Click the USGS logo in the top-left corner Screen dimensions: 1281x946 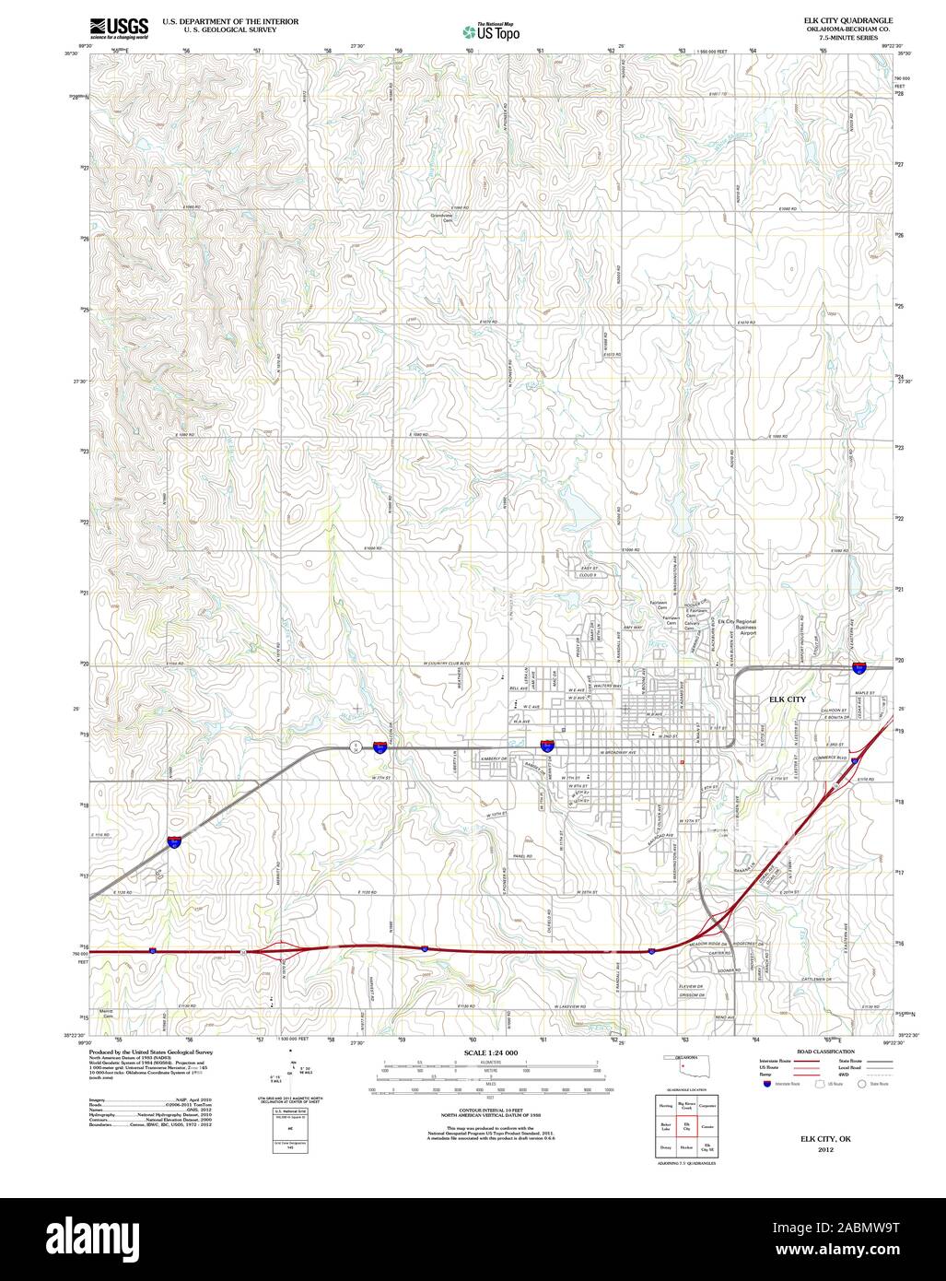click(119, 28)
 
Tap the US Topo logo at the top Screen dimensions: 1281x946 click(492, 30)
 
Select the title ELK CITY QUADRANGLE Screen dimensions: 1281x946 click(848, 19)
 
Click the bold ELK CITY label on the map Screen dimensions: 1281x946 click(787, 699)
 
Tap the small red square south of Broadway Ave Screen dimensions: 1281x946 click(681, 762)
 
